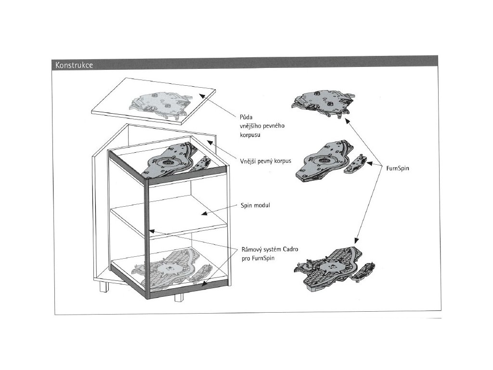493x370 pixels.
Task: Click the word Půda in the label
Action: coord(246,118)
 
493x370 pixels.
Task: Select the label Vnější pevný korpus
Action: coord(266,161)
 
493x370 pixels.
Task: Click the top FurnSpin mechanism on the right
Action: coord(323,101)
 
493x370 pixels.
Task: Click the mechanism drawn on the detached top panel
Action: coord(159,104)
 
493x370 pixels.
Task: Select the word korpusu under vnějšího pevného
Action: coord(250,136)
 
